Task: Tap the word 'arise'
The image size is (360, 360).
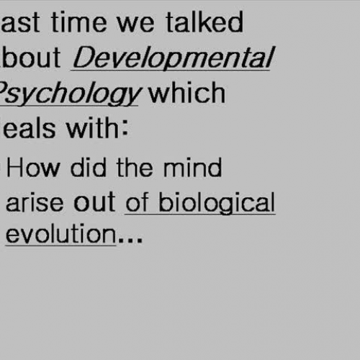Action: click(35, 202)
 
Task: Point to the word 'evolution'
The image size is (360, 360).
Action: click(60, 235)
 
